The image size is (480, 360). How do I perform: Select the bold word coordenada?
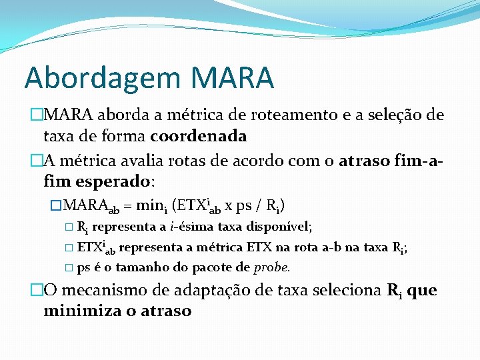(199, 136)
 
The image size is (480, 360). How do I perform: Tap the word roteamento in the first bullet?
(270, 115)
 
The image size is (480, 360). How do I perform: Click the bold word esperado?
(117, 181)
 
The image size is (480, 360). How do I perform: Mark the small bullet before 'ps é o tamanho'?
(69, 269)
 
